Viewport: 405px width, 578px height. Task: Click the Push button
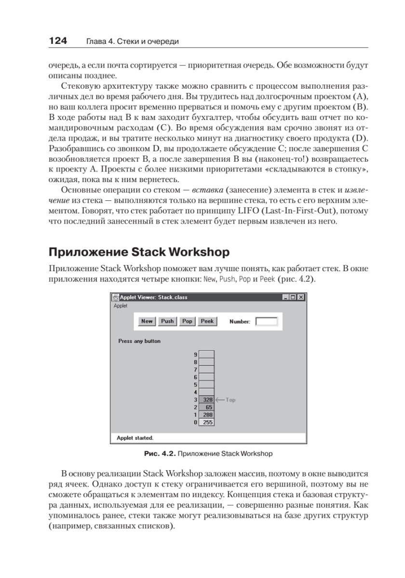167,321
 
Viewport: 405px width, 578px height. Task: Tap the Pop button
187,321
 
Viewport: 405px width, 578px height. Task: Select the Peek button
207,321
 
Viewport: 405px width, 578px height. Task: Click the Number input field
266,321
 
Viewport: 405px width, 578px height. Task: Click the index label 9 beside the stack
195,355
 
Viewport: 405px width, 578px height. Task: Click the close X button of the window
301,297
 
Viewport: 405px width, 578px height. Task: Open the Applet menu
120,305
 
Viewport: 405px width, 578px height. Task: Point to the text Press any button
139,341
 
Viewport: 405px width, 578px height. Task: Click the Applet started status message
135,438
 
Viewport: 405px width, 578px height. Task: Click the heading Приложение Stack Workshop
139,252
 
